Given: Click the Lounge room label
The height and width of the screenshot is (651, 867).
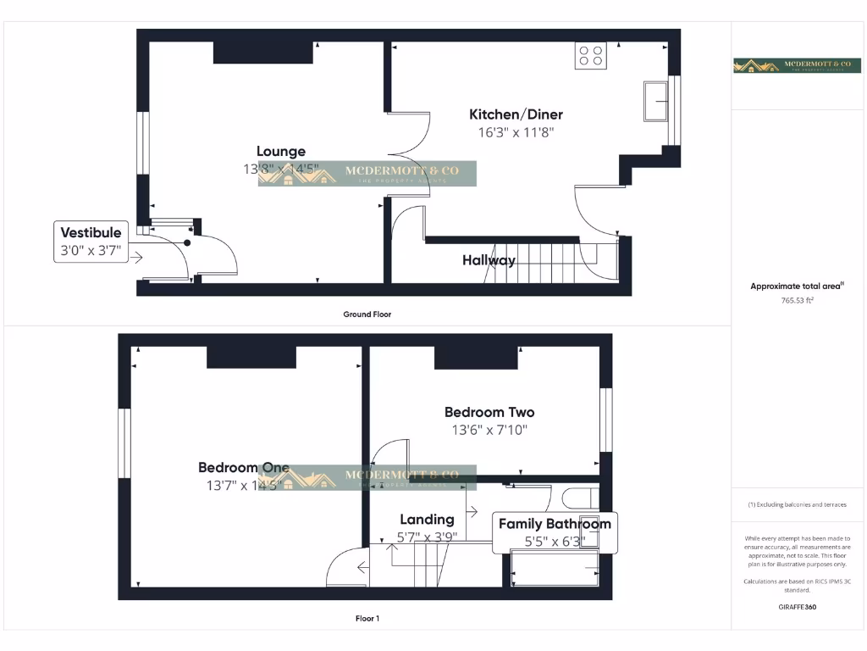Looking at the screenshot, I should (281, 152).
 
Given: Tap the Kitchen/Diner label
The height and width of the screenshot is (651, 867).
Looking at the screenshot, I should (516, 114).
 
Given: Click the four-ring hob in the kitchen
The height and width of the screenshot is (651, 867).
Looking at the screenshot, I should (590, 55).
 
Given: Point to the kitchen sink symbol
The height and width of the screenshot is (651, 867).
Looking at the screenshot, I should (656, 102).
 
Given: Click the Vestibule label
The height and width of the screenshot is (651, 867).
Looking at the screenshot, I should (91, 232).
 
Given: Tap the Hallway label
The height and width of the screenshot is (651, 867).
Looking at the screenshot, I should (489, 260).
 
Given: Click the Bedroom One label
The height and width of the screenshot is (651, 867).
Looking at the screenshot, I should (244, 467).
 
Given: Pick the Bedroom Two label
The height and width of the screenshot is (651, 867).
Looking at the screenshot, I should (489, 412).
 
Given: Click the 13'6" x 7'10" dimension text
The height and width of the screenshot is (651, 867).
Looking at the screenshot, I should (489, 430).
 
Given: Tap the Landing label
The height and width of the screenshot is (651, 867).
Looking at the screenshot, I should (427, 519).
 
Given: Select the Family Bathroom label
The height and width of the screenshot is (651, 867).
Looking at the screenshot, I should (555, 524).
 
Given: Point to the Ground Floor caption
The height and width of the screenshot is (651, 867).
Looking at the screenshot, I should (367, 314).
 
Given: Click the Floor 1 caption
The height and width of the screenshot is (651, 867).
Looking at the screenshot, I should (367, 618).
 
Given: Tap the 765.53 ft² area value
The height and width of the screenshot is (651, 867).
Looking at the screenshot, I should (796, 300).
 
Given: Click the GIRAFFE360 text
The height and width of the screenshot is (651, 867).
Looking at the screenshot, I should (796, 607).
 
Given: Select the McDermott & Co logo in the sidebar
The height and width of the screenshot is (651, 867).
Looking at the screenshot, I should (796, 65).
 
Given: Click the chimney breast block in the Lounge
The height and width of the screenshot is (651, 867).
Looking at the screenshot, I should (263, 52).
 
